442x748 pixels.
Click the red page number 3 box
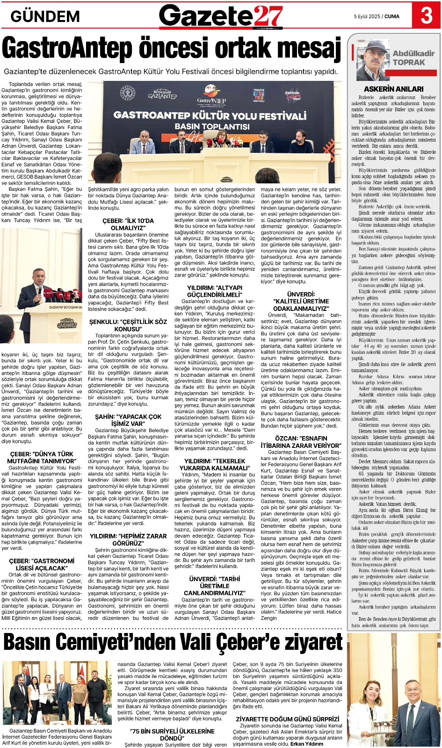426,15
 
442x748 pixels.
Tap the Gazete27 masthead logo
221,16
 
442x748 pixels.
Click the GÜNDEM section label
45,16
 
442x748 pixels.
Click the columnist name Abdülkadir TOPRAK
413,58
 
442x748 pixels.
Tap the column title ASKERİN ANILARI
393,89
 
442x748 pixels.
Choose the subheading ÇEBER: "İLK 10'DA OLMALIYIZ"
128,224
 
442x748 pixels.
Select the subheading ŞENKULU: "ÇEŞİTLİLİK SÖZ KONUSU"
128,325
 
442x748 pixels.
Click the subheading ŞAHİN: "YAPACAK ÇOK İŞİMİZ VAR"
128,420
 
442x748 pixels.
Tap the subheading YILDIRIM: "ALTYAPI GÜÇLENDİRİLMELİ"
215,291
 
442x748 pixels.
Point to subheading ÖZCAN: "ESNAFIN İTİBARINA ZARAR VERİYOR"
301,442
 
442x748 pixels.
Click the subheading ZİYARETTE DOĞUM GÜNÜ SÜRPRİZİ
287,719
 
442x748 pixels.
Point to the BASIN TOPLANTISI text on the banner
212,126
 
